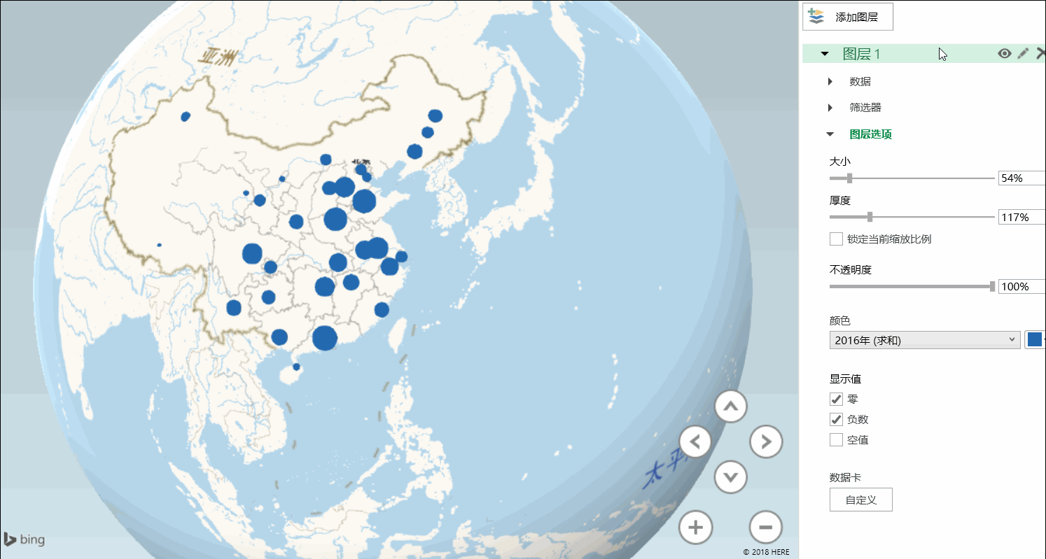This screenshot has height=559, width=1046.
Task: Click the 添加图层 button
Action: tap(847, 17)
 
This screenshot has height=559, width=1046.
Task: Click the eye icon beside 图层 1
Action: tap(1005, 53)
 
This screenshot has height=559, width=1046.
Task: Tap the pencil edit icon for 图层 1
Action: tap(1023, 53)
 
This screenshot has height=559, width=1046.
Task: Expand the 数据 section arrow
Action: tap(830, 82)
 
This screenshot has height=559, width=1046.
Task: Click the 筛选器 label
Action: tap(865, 108)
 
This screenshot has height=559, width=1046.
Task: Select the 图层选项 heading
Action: tap(870, 134)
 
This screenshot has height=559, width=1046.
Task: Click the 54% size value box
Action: tap(1020, 178)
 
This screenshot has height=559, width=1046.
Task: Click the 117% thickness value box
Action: tap(1020, 218)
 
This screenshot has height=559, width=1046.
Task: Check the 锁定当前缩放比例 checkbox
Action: tap(836, 239)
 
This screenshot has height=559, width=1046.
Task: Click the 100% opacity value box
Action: tap(1020, 287)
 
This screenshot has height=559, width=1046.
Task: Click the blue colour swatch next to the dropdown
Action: tap(1034, 340)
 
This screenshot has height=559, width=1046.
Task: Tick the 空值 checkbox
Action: tap(836, 440)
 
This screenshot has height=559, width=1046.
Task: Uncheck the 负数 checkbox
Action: tap(836, 420)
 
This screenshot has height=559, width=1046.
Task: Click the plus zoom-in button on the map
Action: tap(695, 527)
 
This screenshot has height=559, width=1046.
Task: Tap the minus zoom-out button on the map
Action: tap(765, 527)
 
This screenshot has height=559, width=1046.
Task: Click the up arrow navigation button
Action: tap(731, 406)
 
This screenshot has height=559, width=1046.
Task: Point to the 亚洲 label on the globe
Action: tap(216, 57)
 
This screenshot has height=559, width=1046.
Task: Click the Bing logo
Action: tap(24, 539)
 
